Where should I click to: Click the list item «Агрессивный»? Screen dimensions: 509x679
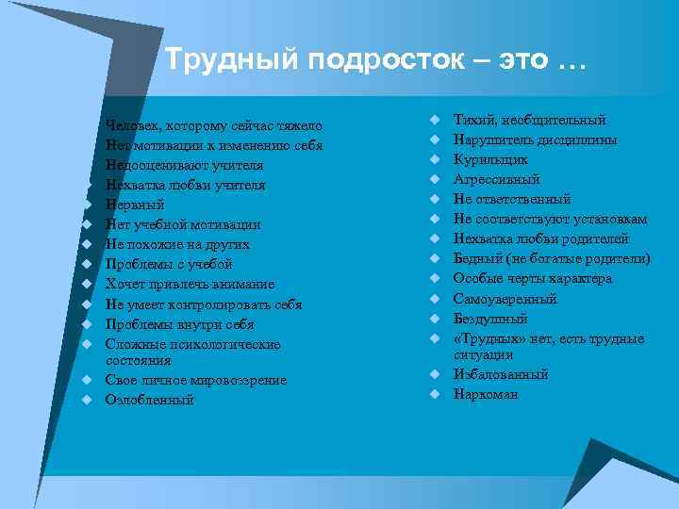(497, 180)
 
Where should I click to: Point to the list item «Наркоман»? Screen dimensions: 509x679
(486, 394)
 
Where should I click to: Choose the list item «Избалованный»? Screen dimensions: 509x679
(501, 374)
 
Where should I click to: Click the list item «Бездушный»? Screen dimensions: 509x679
(490, 319)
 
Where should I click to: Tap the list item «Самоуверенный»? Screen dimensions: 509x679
(505, 299)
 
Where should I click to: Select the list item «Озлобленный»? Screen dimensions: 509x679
(150, 400)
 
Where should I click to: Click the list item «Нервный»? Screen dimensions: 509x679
(136, 205)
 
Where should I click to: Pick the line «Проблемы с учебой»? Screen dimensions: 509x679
(169, 264)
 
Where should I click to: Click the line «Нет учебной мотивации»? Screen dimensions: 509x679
(183, 224)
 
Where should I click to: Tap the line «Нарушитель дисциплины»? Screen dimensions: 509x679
(536, 140)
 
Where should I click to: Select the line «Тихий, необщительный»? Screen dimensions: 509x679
(530, 121)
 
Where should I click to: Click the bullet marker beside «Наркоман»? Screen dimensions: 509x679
(436, 394)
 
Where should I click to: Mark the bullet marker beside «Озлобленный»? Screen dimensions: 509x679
(85, 400)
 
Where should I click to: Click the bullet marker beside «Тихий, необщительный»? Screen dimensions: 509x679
(436, 121)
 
